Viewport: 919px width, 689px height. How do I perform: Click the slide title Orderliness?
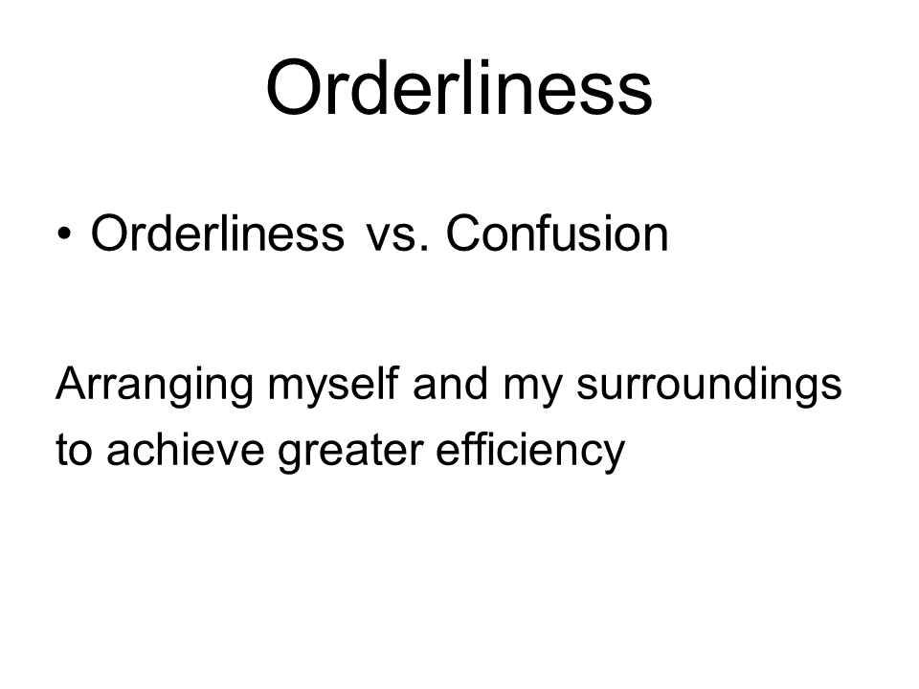459,87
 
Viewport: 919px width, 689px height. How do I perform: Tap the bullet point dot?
64,234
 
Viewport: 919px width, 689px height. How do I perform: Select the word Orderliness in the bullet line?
217,233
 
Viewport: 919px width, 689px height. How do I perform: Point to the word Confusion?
557,233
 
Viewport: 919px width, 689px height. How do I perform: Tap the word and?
451,383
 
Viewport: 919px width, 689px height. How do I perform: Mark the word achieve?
185,450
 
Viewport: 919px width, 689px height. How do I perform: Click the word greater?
350,454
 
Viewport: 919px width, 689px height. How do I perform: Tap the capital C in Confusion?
463,233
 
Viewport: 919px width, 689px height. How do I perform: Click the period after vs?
425,249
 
